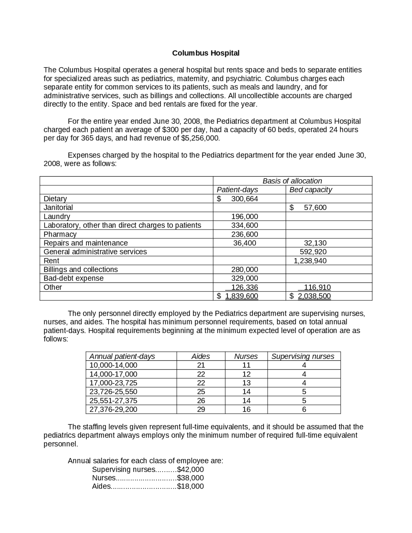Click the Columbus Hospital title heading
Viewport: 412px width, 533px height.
coord(206,53)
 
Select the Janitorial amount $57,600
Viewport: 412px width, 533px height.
coord(308,208)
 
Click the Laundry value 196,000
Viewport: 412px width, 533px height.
coord(244,217)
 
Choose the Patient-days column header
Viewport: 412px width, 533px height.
coord(237,190)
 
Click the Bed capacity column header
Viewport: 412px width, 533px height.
coord(310,190)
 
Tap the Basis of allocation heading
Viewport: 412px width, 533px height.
coord(292,181)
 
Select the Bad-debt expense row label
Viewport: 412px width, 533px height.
coord(73,278)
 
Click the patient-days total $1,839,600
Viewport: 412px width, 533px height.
coord(238,296)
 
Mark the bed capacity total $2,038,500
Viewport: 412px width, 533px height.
coord(310,296)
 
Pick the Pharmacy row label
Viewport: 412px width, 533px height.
coord(60,234)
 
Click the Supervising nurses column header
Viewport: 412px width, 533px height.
coord(303,356)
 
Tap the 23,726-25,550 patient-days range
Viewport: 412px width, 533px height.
coord(113,392)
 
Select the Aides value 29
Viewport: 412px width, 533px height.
coord(201,409)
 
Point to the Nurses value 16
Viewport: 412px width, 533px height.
coord(246,409)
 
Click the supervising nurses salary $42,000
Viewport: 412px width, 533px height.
coord(190,470)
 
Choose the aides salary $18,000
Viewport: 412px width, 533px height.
coord(190,486)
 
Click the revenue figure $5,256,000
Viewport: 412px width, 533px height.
coord(200,138)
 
